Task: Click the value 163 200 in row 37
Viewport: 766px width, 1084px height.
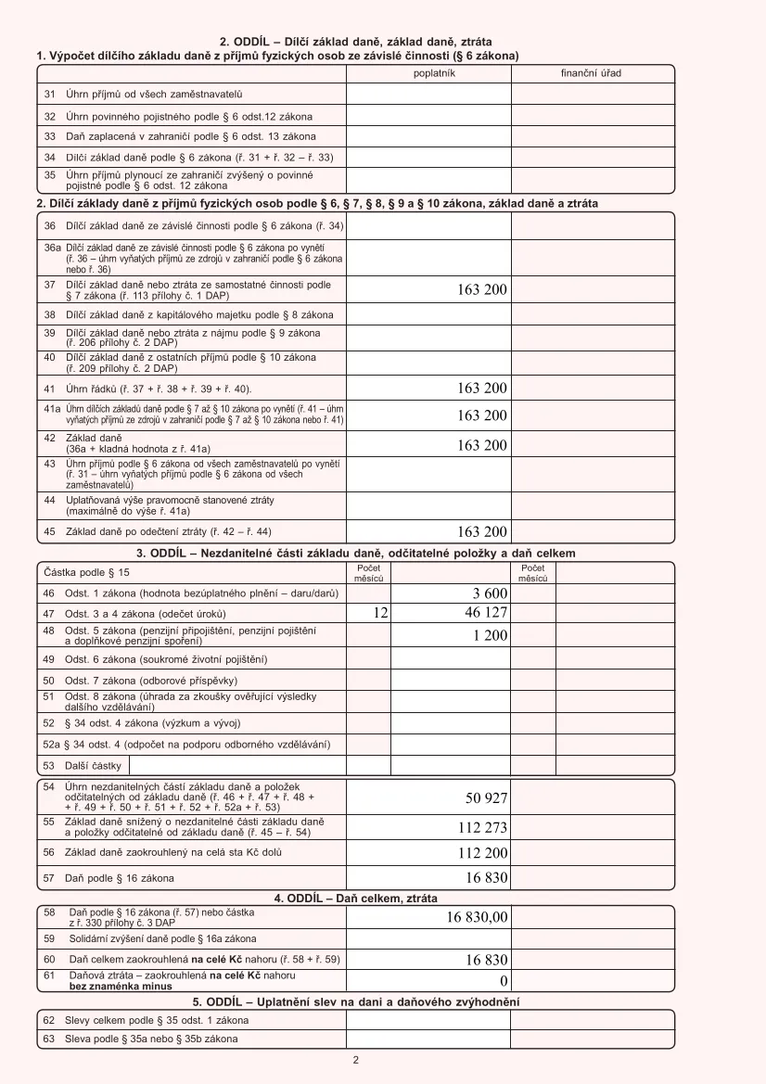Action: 482,290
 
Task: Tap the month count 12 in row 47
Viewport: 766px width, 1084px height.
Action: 379,613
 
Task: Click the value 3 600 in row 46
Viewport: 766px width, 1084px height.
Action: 490,593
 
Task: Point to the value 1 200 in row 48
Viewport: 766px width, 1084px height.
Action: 490,636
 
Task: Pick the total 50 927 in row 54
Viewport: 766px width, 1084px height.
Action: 486,798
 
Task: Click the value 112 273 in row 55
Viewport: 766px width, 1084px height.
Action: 482,828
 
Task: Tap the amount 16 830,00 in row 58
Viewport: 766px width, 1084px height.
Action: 477,917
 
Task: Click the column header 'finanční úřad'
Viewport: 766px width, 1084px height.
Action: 591,73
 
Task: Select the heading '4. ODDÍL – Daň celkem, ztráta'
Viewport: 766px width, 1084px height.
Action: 355,899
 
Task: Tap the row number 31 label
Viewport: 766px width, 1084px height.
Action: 50,94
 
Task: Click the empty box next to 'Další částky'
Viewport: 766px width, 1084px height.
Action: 236,766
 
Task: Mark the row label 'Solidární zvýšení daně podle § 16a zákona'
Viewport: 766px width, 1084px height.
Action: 163,938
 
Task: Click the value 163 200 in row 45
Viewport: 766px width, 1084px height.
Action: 482,532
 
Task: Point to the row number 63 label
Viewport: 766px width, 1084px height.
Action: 49,1039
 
